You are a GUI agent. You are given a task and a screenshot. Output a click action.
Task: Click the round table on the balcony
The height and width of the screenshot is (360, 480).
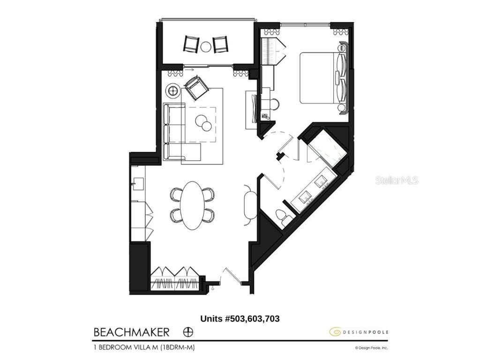[206, 46]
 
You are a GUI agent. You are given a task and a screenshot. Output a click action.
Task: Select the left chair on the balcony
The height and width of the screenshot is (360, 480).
[191, 44]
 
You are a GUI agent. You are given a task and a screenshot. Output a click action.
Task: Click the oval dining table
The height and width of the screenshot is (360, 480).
[193, 205]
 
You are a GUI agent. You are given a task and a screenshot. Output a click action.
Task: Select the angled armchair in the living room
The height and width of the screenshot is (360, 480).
[196, 87]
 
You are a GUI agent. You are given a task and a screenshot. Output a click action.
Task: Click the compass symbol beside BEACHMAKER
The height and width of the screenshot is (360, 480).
[187, 332]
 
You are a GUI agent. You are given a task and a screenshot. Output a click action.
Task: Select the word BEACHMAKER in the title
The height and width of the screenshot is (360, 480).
[131, 332]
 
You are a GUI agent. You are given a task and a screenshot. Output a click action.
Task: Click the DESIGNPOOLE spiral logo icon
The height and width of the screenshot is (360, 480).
[335, 332]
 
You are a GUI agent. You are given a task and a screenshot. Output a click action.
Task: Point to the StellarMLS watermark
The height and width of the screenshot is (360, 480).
[397, 180]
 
